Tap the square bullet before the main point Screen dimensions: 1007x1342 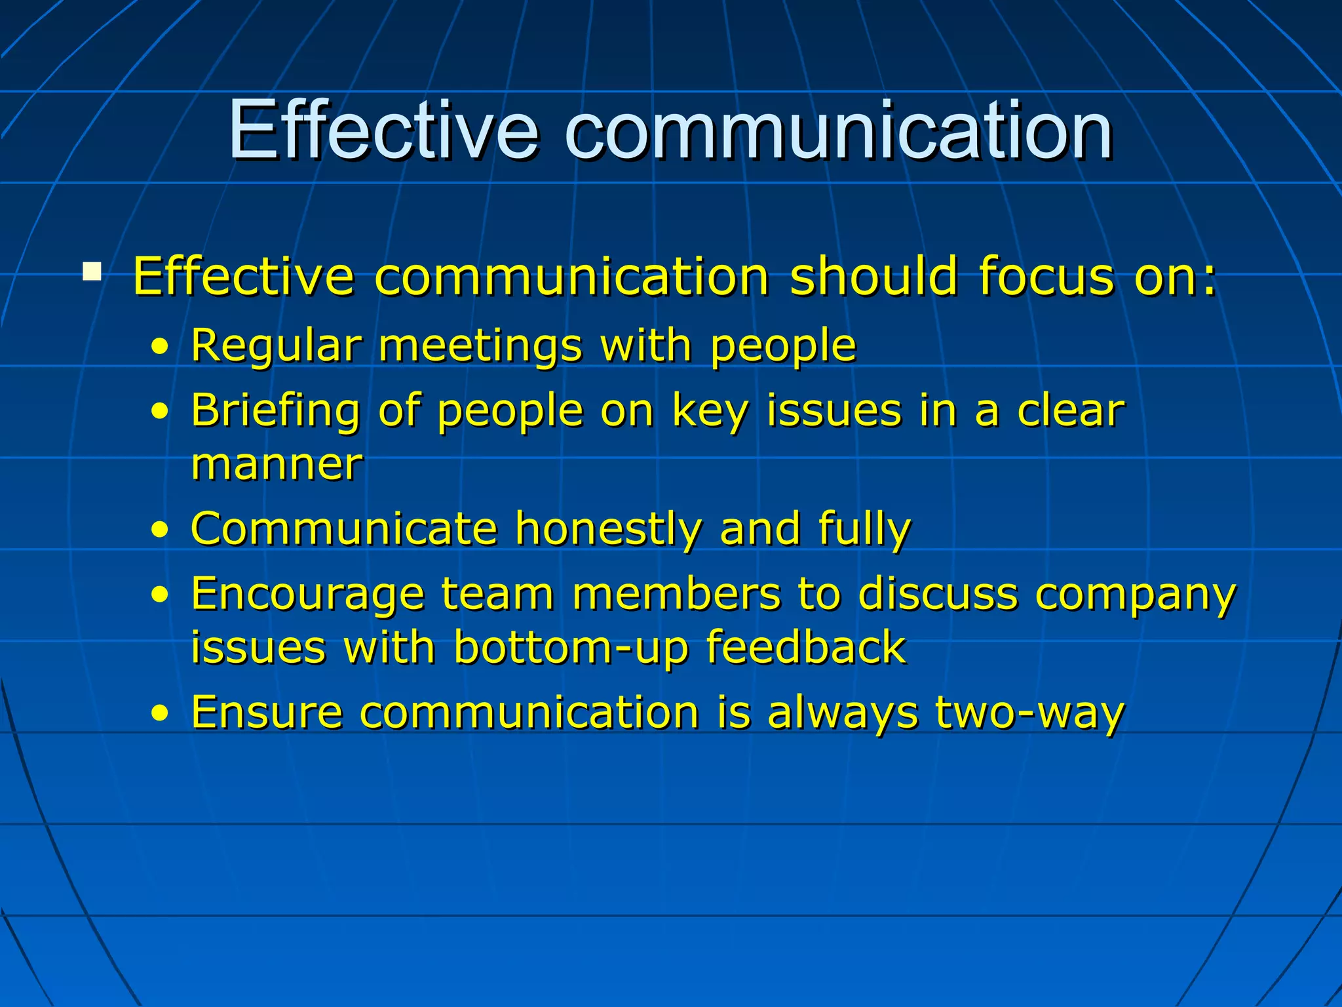[x=92, y=271]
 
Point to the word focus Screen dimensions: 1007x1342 [x=1046, y=276]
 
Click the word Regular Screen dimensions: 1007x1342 [x=276, y=346]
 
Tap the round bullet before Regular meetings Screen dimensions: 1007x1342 [x=159, y=348]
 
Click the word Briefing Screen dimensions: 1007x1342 [x=276, y=412]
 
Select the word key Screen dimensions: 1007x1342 [x=710, y=412]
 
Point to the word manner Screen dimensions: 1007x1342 [x=276, y=465]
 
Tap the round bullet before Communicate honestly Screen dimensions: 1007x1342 [x=159, y=530]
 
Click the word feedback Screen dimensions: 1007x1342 [x=805, y=648]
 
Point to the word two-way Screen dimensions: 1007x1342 [x=1029, y=713]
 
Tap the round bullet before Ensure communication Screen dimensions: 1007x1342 [x=159, y=713]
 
